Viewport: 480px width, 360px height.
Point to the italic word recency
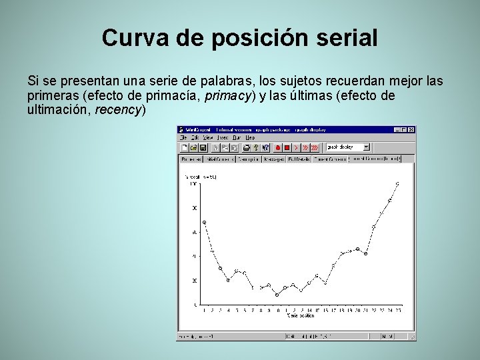coord(119,110)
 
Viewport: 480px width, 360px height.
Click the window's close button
coord(411,129)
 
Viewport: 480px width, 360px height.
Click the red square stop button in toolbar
coord(287,147)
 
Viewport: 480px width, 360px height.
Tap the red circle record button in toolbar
coord(277,147)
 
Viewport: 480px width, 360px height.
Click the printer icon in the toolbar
coord(246,147)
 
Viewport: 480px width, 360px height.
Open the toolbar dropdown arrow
coord(366,147)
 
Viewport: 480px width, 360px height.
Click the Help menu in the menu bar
coord(249,137)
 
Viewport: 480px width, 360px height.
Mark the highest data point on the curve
coord(398,183)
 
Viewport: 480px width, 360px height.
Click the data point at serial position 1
coord(204,222)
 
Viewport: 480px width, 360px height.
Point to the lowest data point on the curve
coord(277,295)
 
